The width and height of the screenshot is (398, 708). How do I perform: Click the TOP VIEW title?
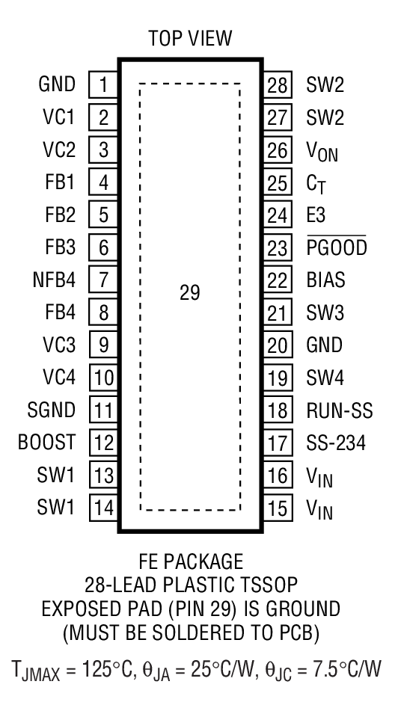click(190, 37)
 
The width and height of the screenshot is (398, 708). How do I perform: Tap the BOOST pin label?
click(47, 443)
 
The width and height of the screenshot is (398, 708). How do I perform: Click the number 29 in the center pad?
click(190, 293)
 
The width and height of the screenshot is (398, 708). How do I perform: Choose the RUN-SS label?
click(339, 410)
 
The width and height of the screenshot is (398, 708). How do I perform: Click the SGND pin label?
click(53, 410)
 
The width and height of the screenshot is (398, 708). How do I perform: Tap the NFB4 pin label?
click(53, 280)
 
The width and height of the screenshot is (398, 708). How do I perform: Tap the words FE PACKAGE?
click(190, 561)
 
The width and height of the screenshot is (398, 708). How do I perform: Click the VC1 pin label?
click(58, 117)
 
